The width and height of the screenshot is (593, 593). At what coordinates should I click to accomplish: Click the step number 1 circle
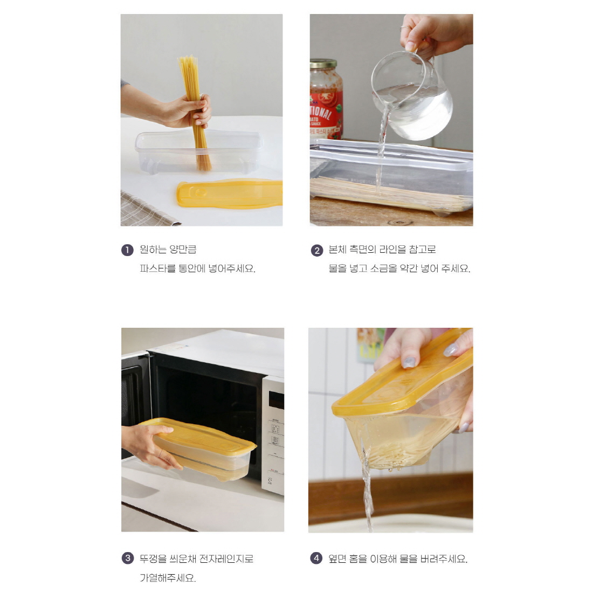pos(127,250)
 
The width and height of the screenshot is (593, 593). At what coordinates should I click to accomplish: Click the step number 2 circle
pos(317,250)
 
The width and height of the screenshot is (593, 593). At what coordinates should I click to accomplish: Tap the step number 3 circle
pos(128,558)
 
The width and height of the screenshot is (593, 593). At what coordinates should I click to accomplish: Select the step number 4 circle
pos(316,558)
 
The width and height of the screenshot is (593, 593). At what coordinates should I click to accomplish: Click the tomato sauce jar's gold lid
pos(323,64)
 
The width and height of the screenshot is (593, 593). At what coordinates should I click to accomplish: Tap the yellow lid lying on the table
pos(230,194)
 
